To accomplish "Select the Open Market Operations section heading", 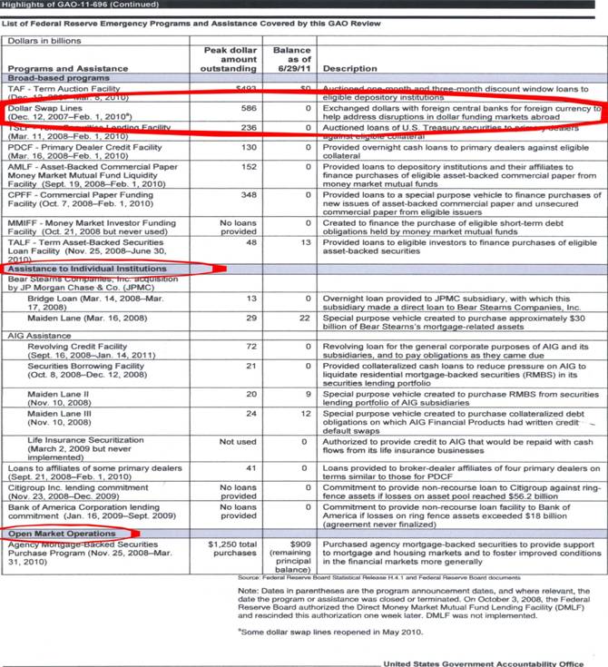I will (x=63, y=534).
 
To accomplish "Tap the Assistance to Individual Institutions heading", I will (x=87, y=270).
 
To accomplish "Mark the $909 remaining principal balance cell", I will (x=289, y=556).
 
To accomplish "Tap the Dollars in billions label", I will (x=44, y=41).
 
